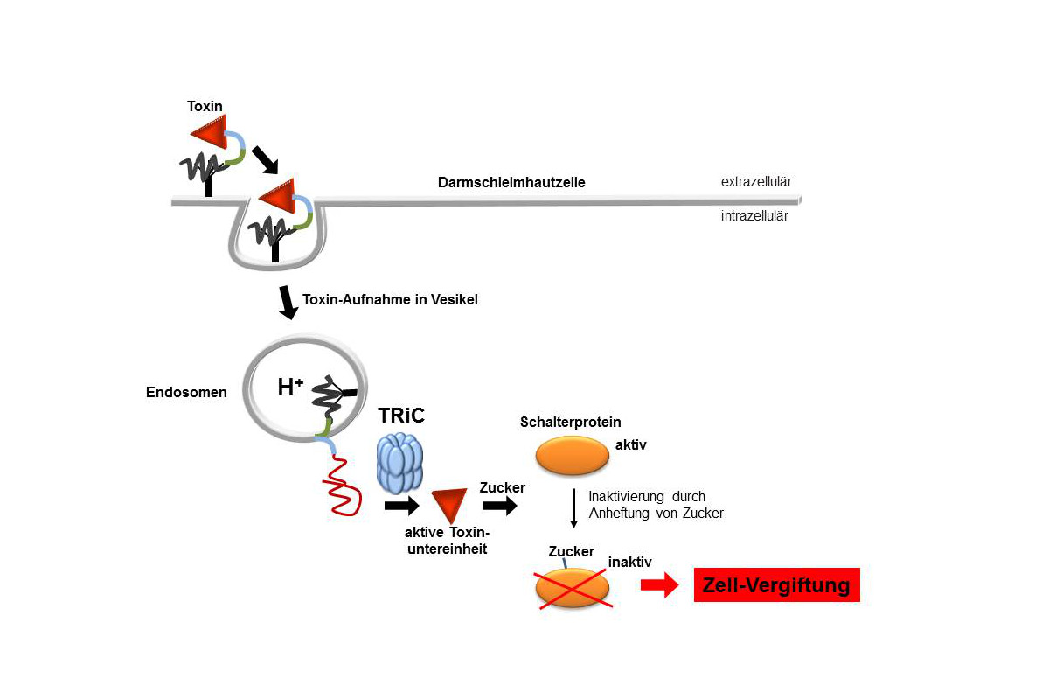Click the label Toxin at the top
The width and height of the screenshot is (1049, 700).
[205, 106]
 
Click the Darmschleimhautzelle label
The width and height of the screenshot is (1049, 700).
[511, 183]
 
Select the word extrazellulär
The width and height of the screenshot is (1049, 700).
[756, 182]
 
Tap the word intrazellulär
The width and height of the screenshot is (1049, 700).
[754, 215]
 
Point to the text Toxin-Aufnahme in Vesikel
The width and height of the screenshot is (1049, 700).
[390, 299]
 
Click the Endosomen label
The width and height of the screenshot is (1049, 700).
[186, 392]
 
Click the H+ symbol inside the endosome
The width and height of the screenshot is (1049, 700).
[290, 388]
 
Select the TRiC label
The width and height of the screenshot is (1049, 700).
[401, 416]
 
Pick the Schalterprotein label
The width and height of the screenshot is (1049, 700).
[570, 422]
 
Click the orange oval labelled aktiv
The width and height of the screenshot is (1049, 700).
[572, 456]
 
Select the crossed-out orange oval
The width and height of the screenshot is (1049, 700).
[573, 587]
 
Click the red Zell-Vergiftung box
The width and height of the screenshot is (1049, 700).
[776, 585]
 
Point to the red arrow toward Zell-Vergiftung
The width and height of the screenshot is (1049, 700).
[659, 586]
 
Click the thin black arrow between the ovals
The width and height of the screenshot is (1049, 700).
[573, 507]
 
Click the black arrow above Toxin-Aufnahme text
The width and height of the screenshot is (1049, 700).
[288, 301]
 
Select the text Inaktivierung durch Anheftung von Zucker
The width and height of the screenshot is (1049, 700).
[656, 505]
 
